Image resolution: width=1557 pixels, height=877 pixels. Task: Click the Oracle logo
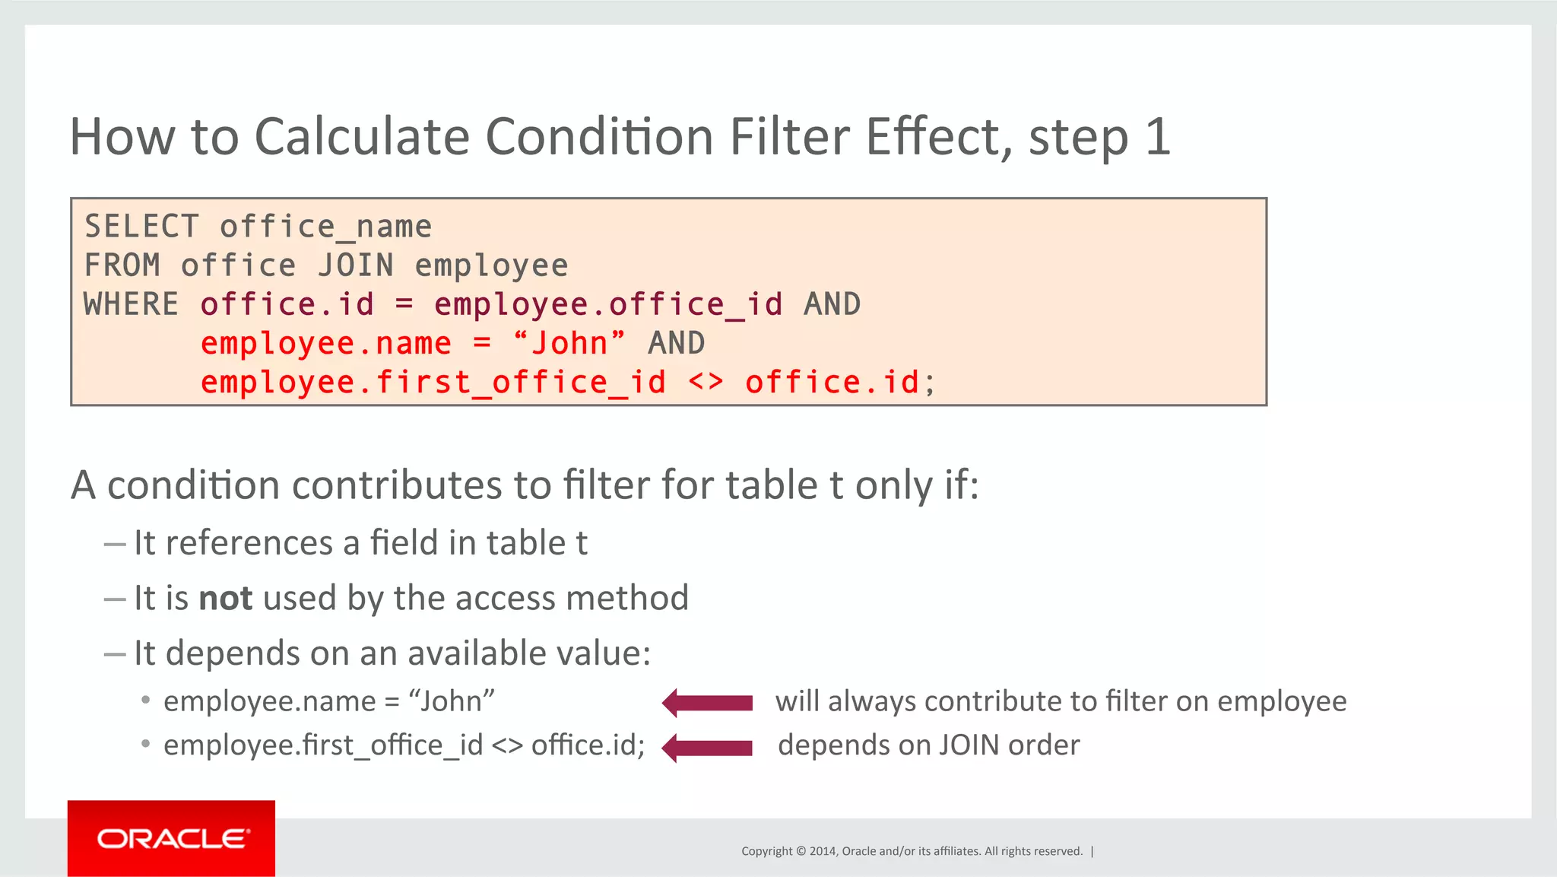(172, 838)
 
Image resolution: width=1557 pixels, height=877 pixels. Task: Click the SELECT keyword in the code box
(141, 227)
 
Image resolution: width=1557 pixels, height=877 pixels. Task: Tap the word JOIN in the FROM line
(356, 265)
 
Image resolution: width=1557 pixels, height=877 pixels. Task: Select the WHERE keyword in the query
(131, 304)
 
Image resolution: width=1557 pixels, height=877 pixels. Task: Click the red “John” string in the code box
(569, 343)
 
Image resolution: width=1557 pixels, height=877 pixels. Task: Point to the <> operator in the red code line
(706, 382)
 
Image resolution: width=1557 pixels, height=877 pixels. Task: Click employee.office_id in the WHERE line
(608, 304)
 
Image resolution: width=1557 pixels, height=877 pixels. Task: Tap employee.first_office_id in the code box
(433, 382)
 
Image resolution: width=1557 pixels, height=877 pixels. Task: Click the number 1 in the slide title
(1157, 137)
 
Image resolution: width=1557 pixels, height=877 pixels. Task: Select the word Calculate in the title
(361, 137)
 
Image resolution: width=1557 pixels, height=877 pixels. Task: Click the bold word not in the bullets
(225, 598)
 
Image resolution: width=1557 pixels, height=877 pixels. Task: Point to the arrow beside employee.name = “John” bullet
(707, 702)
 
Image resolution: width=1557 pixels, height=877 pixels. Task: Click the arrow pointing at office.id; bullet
(707, 747)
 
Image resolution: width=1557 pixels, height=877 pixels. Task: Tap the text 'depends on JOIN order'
(928, 745)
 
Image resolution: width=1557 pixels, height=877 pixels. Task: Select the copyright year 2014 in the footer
(823, 851)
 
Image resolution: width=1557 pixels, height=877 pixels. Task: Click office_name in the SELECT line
(325, 227)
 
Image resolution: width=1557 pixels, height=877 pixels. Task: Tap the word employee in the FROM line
(491, 265)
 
